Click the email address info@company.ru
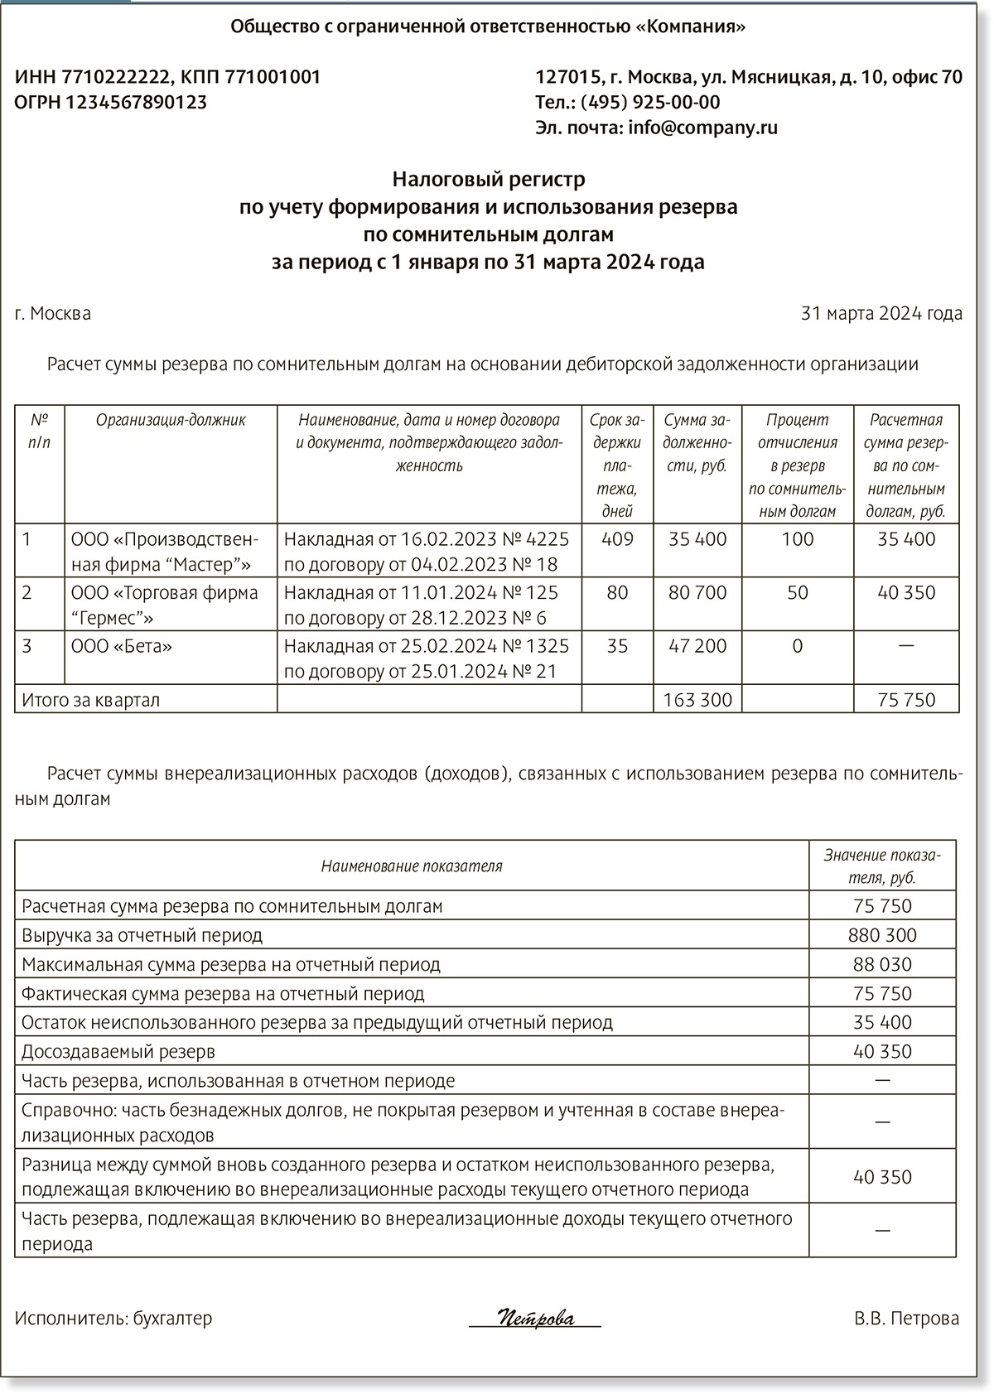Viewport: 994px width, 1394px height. (x=702, y=128)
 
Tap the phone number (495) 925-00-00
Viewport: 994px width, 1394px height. (x=650, y=102)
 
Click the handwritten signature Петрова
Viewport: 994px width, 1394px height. (x=536, y=1318)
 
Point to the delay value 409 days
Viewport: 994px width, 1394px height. (x=617, y=539)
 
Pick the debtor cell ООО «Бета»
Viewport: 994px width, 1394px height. (x=122, y=646)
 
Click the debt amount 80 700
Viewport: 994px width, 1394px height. (x=697, y=593)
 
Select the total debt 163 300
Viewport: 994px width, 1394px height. (x=697, y=700)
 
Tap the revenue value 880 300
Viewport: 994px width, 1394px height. (x=882, y=935)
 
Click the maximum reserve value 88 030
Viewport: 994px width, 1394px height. (x=882, y=964)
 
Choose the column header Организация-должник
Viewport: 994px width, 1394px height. (x=171, y=420)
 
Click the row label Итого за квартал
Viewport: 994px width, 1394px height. (x=91, y=700)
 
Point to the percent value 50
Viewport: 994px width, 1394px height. (x=797, y=593)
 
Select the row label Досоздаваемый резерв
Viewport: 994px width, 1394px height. (x=118, y=1051)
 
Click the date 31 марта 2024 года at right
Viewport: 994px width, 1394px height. (x=881, y=314)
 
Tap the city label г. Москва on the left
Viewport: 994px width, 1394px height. (x=53, y=314)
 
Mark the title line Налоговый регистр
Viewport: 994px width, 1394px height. (x=489, y=179)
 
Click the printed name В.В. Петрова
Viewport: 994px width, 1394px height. (x=906, y=1318)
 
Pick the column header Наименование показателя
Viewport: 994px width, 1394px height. (x=412, y=866)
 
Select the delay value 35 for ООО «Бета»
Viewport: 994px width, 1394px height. (x=617, y=646)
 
